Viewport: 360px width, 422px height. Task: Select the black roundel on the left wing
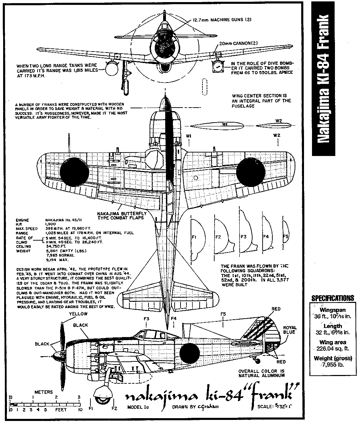coord(74,172)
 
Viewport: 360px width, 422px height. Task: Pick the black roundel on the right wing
coord(251,172)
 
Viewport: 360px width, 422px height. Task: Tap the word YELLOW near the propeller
coord(78,314)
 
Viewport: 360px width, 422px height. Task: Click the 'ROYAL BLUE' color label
coord(289,330)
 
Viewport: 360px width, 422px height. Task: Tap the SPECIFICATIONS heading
coord(333,298)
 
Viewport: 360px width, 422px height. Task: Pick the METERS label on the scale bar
coord(44,392)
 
